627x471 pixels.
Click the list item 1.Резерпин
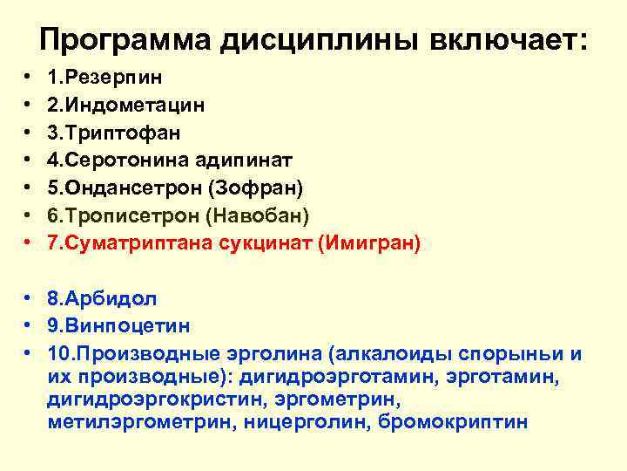click(104, 77)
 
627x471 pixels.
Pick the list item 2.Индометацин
click(126, 105)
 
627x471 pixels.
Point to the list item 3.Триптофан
click(114, 133)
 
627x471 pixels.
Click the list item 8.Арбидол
click(102, 298)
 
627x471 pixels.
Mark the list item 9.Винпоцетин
click(119, 326)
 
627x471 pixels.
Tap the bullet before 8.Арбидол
click(29, 298)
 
